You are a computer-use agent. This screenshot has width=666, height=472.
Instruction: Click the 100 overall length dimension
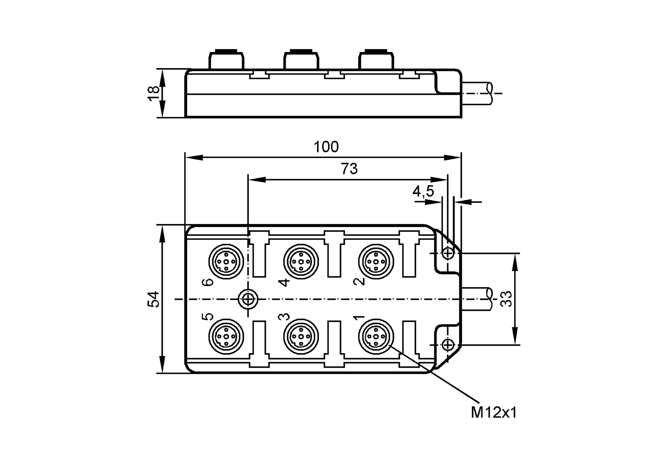[x=326, y=147]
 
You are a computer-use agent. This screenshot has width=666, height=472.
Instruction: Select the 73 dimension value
[x=349, y=169]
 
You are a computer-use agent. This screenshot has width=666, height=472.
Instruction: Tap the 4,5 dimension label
[x=423, y=191]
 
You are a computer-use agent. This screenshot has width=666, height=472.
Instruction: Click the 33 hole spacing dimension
[x=506, y=299]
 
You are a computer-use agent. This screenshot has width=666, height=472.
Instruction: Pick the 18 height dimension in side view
[x=154, y=94]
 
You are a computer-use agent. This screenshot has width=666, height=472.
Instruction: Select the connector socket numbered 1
[x=376, y=337]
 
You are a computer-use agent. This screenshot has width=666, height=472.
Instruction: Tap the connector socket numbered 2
[x=376, y=261]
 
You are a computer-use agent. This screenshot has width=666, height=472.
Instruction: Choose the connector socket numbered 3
[x=301, y=337]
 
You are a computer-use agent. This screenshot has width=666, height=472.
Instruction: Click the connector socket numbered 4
[x=301, y=261]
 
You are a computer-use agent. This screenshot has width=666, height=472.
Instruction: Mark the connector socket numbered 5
[x=226, y=337]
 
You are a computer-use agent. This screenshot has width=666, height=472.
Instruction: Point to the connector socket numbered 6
[x=226, y=261]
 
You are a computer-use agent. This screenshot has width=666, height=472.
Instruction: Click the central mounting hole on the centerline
[x=248, y=299]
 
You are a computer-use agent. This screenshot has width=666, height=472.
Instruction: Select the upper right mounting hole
[x=448, y=254]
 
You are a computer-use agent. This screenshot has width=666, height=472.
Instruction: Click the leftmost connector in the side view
[x=226, y=60]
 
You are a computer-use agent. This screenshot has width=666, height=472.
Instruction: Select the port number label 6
[x=208, y=282]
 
